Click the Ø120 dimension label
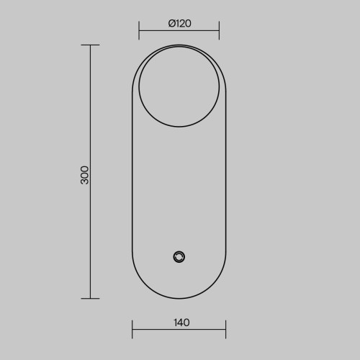180,24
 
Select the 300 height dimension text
84,175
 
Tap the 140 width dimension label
181,323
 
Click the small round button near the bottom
179,257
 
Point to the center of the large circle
179,87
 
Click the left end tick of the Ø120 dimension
139,30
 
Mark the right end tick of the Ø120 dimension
219,30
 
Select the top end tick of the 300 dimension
90,45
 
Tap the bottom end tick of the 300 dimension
90,299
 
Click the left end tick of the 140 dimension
132,329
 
